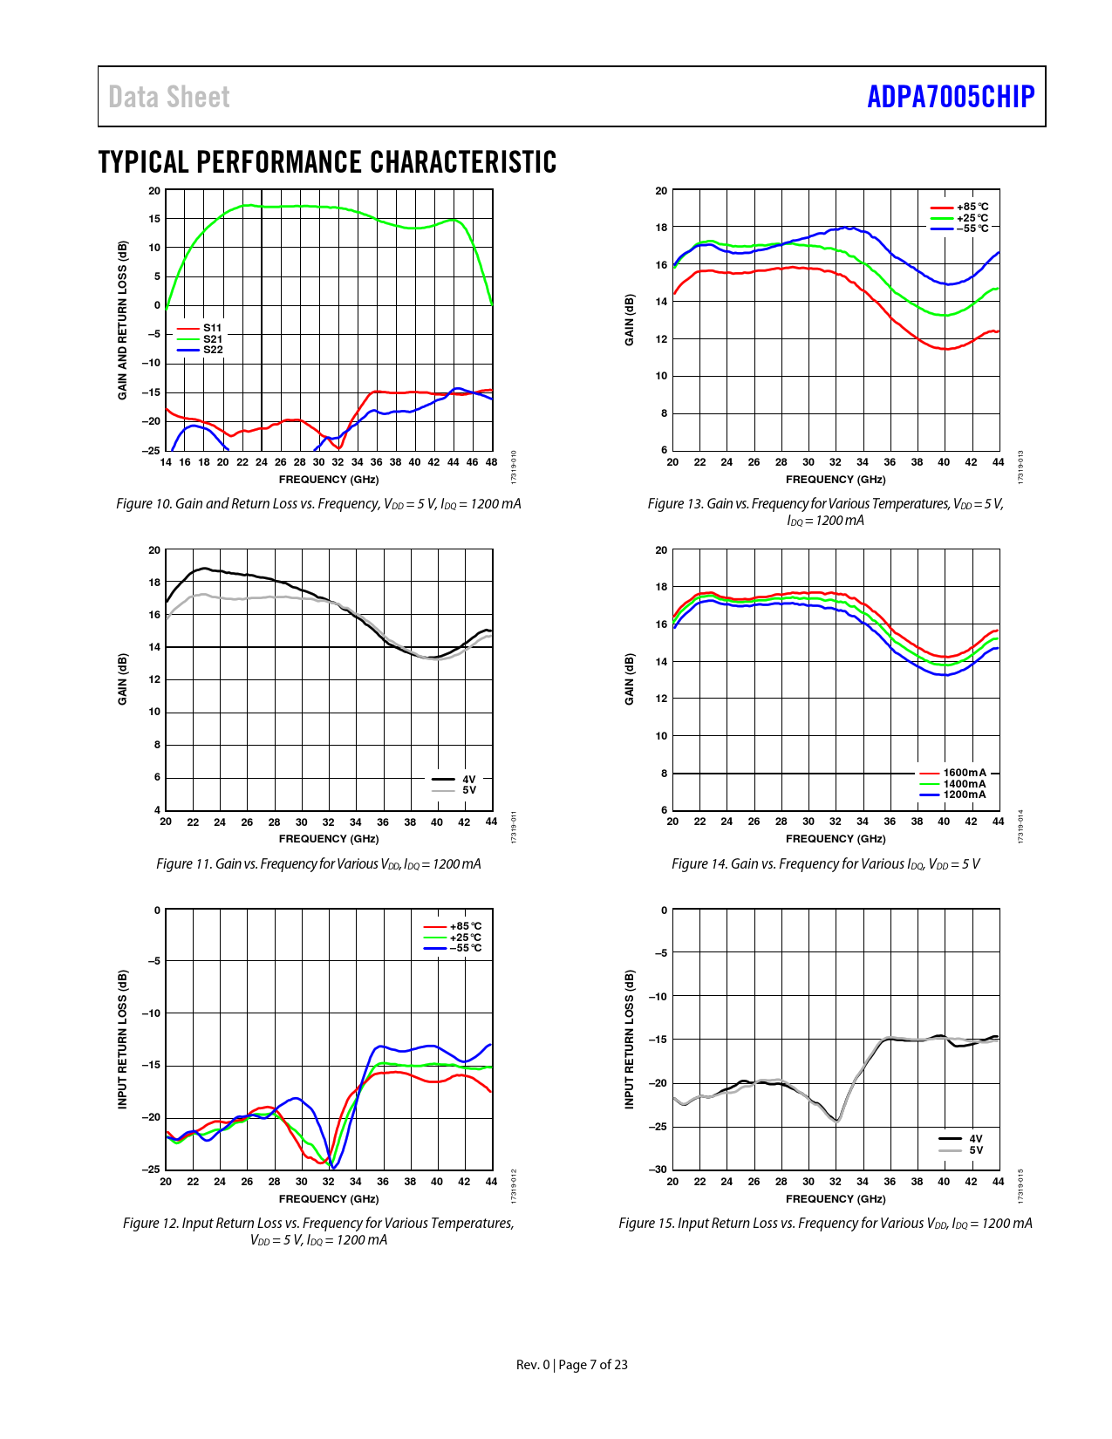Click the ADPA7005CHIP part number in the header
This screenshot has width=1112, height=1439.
point(950,97)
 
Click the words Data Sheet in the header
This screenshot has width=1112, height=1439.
point(169,97)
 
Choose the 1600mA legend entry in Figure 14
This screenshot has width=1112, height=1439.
point(964,773)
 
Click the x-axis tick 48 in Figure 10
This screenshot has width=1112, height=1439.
point(492,462)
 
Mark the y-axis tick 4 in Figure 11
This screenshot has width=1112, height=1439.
point(158,810)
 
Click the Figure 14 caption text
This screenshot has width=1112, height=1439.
point(825,864)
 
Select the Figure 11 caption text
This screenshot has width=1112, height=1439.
point(318,864)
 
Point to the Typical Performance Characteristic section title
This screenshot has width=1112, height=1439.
point(327,162)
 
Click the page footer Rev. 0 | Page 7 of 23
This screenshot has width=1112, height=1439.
point(572,1365)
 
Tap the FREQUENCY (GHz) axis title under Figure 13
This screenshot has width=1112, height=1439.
point(836,480)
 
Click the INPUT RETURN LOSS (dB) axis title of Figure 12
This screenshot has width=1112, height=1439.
point(123,1040)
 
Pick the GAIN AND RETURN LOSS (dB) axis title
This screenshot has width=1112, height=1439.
point(123,321)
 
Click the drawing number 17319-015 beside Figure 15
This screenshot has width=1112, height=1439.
point(1021,1186)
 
